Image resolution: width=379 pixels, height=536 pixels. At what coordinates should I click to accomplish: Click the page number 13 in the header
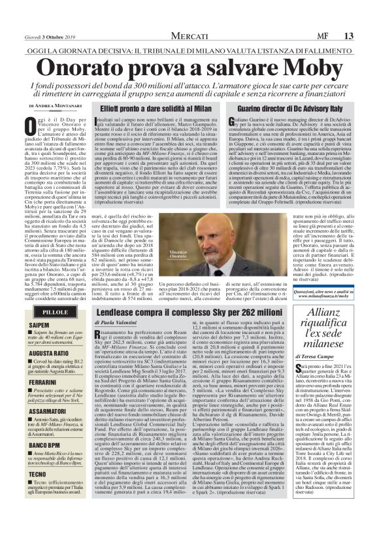(x=367, y=17)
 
